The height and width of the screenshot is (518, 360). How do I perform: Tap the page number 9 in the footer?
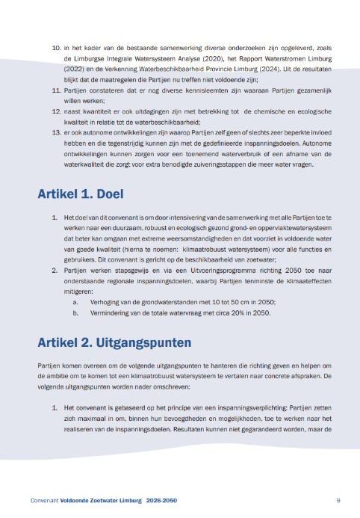[x=338, y=499]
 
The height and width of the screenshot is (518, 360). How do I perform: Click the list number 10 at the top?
[x=56, y=48]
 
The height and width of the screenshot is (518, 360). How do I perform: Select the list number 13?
[x=56, y=130]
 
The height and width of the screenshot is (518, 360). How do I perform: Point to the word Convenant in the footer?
[x=46, y=499]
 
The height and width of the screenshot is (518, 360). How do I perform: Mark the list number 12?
[x=56, y=110]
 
